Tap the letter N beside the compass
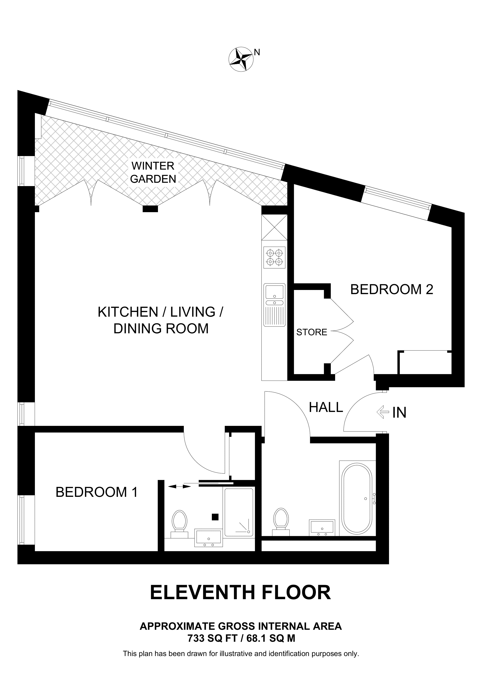coord(257,52)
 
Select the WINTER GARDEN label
coord(153,172)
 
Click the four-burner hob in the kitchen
coord(274,257)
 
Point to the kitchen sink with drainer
coord(274,305)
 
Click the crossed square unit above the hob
coord(274,227)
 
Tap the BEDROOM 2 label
coord(391,290)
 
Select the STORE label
coord(311,332)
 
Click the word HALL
coord(326,407)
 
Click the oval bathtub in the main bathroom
coord(357,499)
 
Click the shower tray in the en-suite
coord(239,512)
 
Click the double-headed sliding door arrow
coord(179,487)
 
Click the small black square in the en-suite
coord(215,517)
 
